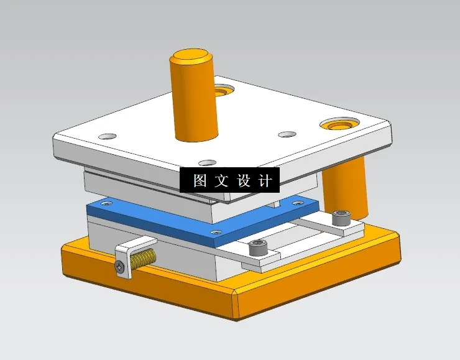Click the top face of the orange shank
(191, 58)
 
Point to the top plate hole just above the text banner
(207, 162)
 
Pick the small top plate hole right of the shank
(287, 134)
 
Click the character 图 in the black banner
(200, 181)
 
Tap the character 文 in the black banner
(222, 181)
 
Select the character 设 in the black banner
(243, 181)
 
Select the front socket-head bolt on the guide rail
(258, 249)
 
